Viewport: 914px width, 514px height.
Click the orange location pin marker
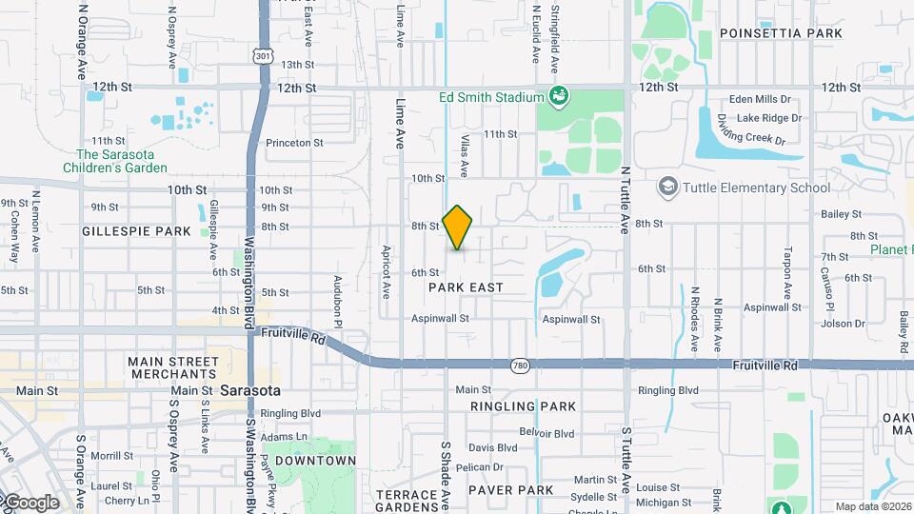[x=458, y=227]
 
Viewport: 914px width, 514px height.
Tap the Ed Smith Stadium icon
[x=558, y=96]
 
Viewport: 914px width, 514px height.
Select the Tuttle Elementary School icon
[x=667, y=187]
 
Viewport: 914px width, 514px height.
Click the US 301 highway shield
[x=263, y=57]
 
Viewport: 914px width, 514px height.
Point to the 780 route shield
[x=519, y=365]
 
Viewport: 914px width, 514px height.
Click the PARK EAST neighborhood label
[x=466, y=287]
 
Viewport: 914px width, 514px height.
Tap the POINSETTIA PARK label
[x=781, y=33]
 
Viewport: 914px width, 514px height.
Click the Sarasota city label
[x=249, y=391]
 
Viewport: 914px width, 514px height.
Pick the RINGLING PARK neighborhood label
[x=523, y=406]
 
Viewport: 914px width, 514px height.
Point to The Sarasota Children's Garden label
[x=121, y=161]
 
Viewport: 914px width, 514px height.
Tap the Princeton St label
[x=294, y=143]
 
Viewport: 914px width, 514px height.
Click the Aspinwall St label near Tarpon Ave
[x=772, y=307]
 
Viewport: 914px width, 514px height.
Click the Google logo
[x=30, y=503]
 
